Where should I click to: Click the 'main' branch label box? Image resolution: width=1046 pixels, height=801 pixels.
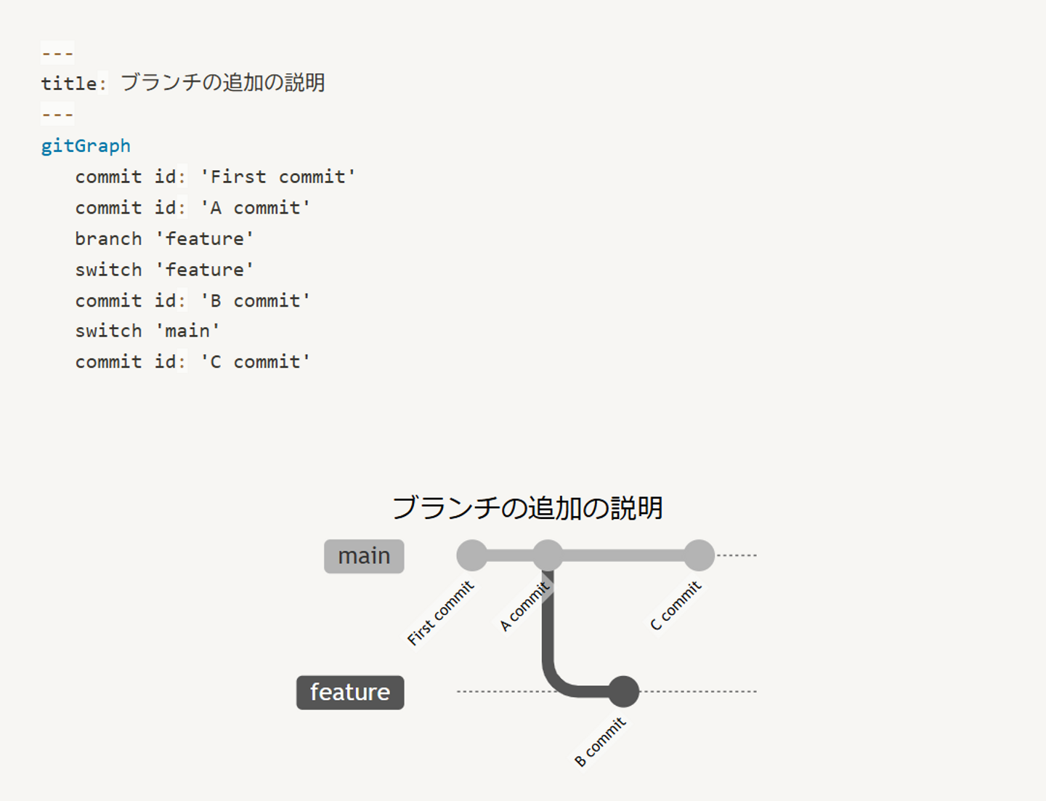click(364, 556)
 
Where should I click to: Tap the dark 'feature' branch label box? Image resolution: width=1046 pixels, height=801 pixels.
click(350, 692)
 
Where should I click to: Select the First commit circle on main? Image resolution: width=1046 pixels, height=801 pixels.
click(472, 555)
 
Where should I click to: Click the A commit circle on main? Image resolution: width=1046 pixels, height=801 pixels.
click(548, 555)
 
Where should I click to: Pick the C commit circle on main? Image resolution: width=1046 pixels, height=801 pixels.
click(699, 555)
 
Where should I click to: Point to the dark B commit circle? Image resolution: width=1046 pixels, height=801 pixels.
click(623, 691)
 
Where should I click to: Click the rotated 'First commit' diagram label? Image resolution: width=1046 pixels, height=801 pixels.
click(440, 613)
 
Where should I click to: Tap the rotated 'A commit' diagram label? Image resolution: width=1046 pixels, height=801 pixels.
click(524, 606)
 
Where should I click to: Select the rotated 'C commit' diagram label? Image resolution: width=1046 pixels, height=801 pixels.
click(676, 605)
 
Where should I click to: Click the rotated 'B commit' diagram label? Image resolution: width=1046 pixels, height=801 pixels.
click(600, 741)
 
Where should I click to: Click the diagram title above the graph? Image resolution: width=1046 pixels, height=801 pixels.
click(527, 507)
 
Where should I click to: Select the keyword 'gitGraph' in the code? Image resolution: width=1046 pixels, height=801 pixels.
click(86, 145)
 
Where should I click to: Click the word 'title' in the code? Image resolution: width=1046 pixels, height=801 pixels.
click(69, 84)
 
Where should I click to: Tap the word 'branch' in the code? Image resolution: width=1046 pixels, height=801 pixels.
click(108, 238)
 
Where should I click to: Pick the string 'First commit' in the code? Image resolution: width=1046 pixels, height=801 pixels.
click(278, 177)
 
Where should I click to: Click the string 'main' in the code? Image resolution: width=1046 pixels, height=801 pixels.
click(188, 331)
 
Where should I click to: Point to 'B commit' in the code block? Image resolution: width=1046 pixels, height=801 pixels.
click(256, 300)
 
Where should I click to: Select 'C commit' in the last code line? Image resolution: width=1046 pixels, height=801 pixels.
click(256, 361)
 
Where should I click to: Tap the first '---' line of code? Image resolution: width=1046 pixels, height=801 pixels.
click(57, 53)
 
